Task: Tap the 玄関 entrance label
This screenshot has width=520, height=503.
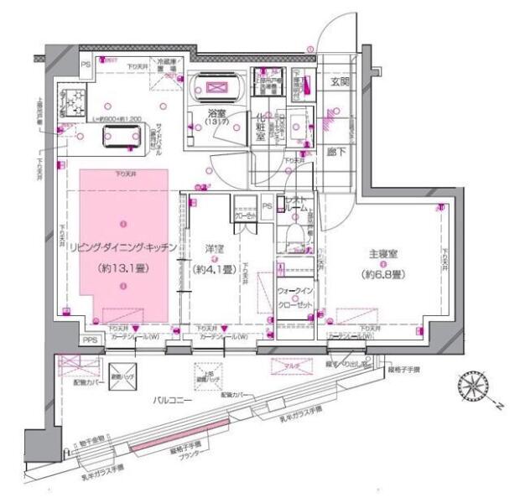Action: point(340,81)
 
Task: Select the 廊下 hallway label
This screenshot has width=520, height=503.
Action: point(337,152)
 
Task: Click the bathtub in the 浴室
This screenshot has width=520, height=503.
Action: point(217,89)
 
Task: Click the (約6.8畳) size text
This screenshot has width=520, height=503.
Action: point(379,274)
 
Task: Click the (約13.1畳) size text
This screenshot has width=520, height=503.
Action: point(123,270)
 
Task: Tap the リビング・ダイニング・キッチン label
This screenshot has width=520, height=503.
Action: point(123,249)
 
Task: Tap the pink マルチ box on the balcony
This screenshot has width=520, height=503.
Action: point(287,365)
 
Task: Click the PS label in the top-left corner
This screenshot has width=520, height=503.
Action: point(85,65)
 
